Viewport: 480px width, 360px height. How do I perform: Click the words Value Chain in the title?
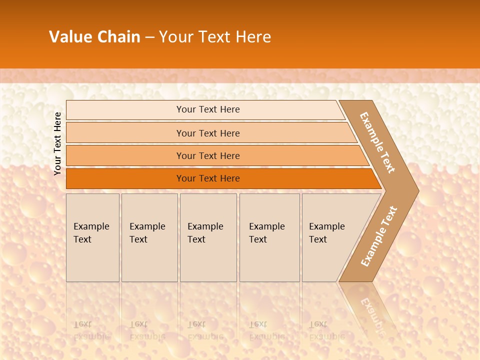coord(94,37)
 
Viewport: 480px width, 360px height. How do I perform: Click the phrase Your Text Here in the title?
coord(215,37)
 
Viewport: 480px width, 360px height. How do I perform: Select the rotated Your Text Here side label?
coord(57,143)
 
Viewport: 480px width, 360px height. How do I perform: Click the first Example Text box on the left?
coord(92,237)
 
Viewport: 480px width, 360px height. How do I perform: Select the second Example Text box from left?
coord(149,237)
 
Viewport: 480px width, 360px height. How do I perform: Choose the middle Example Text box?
coord(208,237)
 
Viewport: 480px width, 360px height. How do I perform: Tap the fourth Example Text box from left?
coord(269,237)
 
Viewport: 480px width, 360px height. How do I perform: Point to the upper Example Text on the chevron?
coord(377,142)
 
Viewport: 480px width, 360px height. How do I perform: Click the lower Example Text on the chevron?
coord(379,236)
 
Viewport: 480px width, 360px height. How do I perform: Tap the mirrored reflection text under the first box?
coord(91,330)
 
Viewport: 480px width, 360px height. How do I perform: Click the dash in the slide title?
coord(149,37)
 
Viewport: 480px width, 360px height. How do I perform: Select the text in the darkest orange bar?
coord(208,178)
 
